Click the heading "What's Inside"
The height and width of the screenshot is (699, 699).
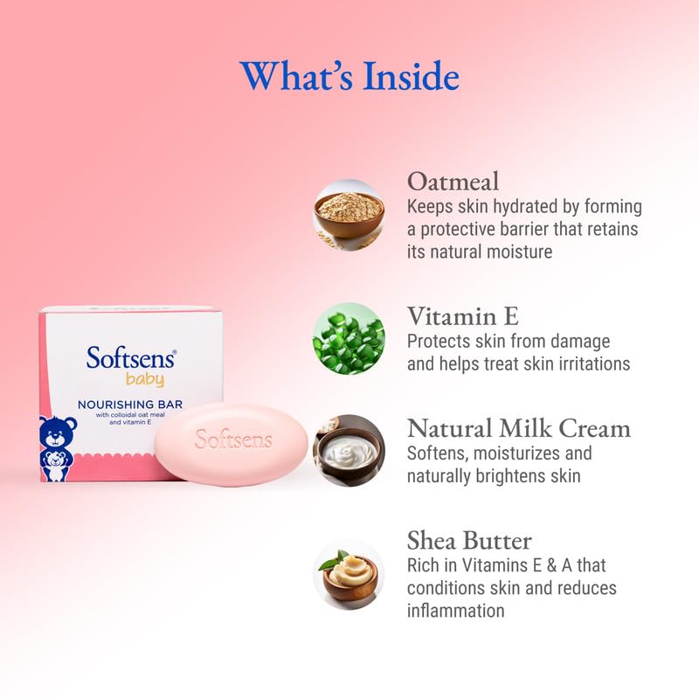[x=349, y=76]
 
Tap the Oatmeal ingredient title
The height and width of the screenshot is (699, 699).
[x=453, y=182]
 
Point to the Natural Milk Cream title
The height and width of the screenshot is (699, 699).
[x=519, y=428]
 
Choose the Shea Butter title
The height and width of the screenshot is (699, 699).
[x=469, y=540]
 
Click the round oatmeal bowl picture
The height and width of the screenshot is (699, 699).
[x=349, y=215]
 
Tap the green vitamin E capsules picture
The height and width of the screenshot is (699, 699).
[x=349, y=339]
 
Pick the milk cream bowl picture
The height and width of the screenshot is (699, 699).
[x=349, y=451]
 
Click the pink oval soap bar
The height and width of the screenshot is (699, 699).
[x=232, y=444]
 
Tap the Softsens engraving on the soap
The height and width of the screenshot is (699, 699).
[x=233, y=439]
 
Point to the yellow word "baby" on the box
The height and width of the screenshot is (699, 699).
[x=145, y=380]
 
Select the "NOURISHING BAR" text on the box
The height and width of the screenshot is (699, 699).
[x=129, y=404]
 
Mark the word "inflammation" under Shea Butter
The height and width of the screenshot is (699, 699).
[x=456, y=611]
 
